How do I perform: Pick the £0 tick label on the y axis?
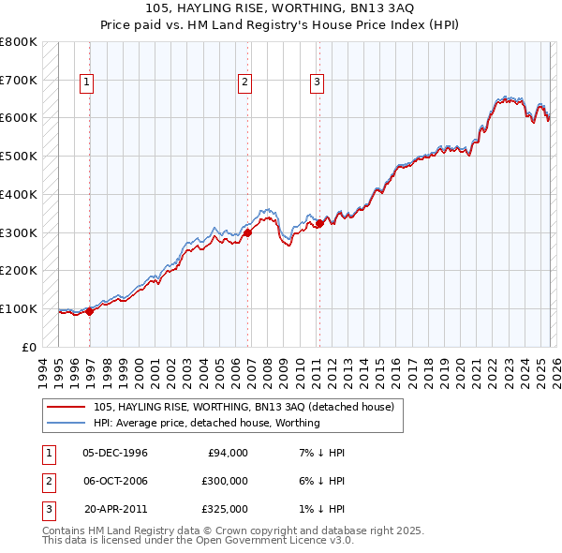(x=29, y=347)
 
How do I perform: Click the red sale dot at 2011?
(x=319, y=223)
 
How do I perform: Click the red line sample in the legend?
(x=66, y=408)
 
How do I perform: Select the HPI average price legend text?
(x=206, y=423)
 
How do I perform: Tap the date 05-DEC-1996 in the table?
(x=115, y=453)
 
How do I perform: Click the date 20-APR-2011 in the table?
(x=115, y=509)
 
